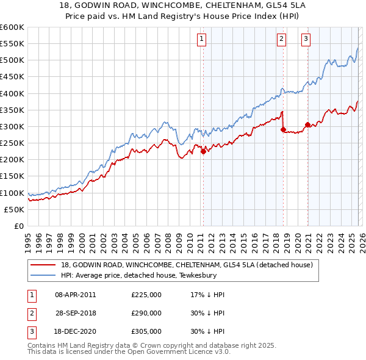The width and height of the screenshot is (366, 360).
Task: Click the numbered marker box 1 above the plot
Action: tap(202, 39)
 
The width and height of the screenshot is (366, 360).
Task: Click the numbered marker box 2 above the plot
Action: tap(282, 39)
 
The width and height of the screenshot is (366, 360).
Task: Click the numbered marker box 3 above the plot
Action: tap(306, 39)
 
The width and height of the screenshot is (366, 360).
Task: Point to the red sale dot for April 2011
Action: tap(203, 152)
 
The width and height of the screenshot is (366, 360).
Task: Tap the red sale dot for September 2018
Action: tap(283, 130)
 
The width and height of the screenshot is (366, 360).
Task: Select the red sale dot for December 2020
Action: tap(307, 125)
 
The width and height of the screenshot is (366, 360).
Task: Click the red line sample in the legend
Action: tap(43, 265)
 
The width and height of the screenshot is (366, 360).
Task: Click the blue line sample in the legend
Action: tap(43, 275)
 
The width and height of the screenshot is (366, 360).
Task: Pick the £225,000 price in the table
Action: tap(146, 295)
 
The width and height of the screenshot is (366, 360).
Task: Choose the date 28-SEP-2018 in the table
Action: tap(76, 312)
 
